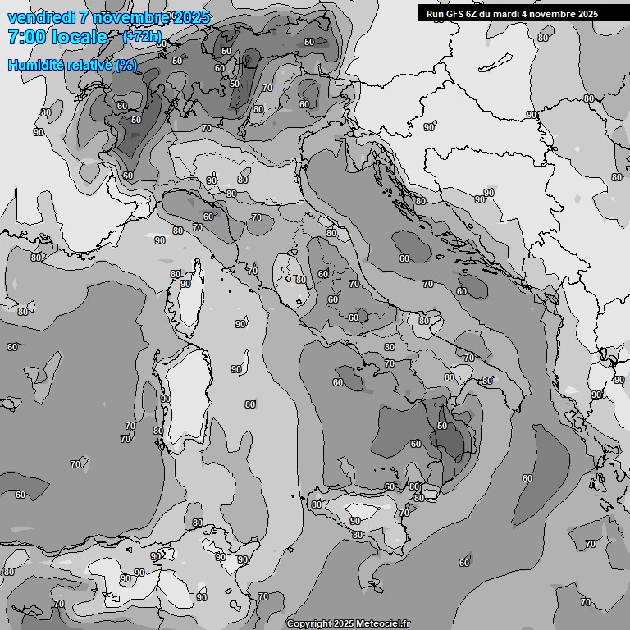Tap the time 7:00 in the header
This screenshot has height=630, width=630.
pos(25,37)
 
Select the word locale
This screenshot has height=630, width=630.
pos(80,37)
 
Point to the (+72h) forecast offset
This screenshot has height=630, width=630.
pos(142,37)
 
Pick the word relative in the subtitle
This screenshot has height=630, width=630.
pos(88,65)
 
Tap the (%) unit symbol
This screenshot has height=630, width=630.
pos(126,65)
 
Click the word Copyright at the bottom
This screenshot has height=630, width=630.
pos(308,624)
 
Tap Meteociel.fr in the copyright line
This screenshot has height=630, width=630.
pos(382,624)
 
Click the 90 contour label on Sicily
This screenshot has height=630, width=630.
pos(355,521)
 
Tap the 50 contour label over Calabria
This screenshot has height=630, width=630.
pos(442,427)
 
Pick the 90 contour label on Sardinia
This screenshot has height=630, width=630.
pos(166,399)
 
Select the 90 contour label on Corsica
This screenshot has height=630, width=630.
pos(185,284)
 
